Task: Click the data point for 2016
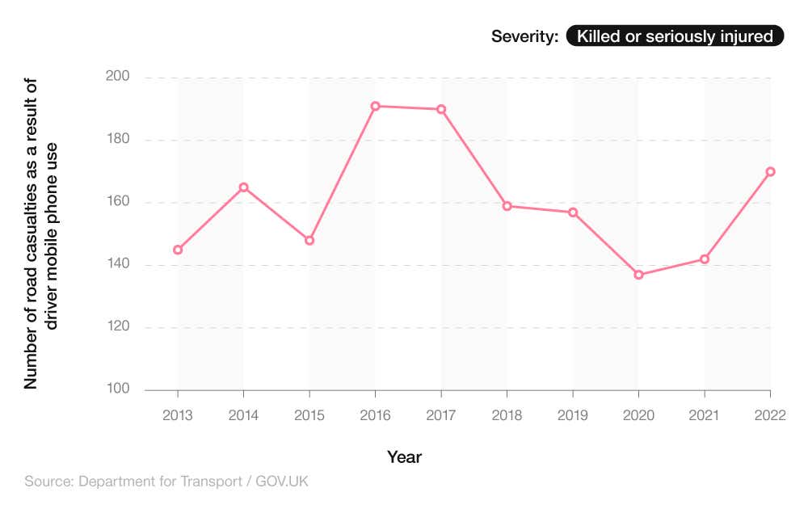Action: point(375,106)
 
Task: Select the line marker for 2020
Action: point(638,275)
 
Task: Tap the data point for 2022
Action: point(770,171)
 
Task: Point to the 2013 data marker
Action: point(178,250)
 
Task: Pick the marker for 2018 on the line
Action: point(507,206)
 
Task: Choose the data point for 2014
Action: point(243,187)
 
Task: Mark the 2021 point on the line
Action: point(705,259)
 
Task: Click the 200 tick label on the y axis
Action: point(118,78)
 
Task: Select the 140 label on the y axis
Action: point(118,265)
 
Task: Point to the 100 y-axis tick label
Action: point(118,389)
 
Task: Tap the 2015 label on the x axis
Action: point(309,415)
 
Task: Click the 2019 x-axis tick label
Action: point(573,415)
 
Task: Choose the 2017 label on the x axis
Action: point(441,415)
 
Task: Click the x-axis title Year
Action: point(404,457)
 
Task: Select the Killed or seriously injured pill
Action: point(675,36)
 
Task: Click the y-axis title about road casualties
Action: point(41,234)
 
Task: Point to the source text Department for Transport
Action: point(166,482)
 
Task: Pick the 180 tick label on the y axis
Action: point(118,140)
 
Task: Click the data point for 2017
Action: point(441,109)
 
